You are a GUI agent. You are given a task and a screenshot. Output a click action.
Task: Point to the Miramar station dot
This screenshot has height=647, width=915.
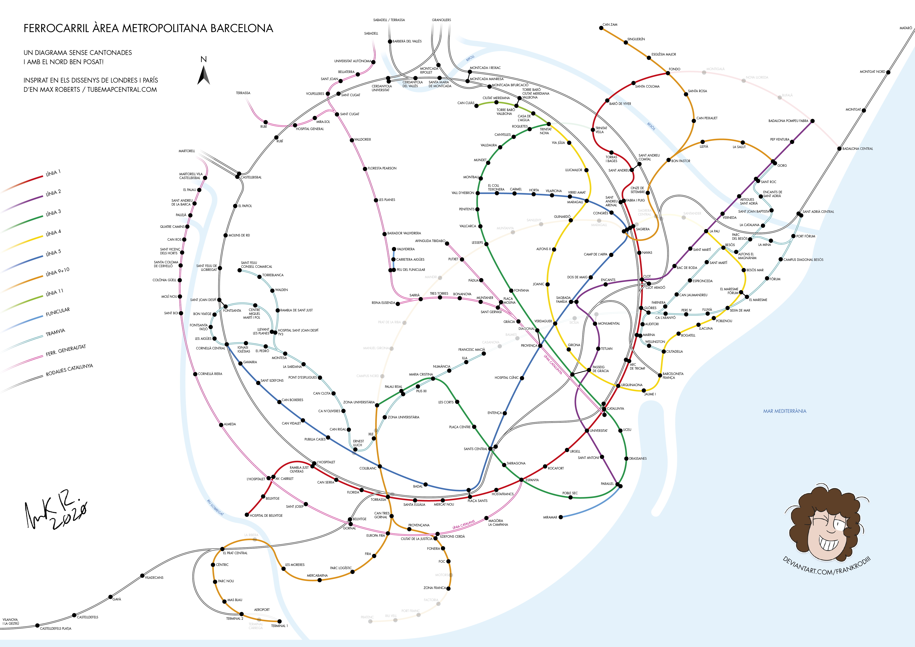tap(561, 517)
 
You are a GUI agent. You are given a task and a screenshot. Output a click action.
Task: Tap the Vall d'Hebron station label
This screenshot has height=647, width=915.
tap(463, 193)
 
